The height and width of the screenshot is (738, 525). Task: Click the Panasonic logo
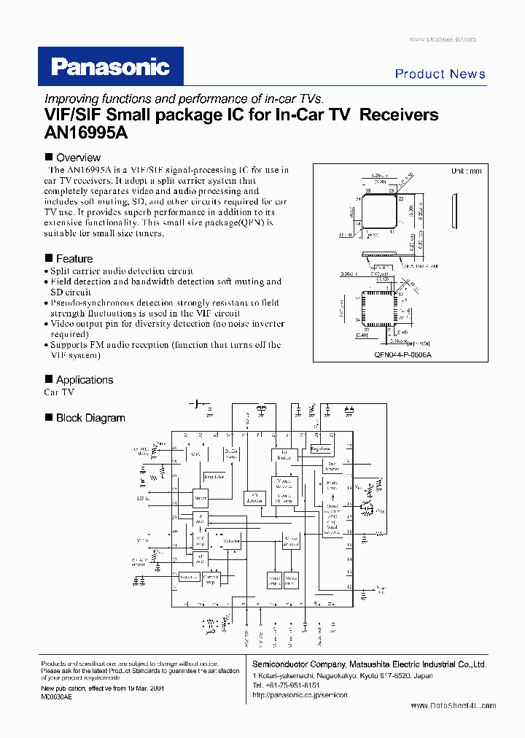click(x=110, y=67)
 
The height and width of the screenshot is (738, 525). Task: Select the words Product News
click(x=440, y=74)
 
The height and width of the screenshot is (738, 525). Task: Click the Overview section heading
click(x=78, y=158)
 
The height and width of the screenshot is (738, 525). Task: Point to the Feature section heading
click(x=74, y=259)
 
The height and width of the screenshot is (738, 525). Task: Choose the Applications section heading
click(x=85, y=380)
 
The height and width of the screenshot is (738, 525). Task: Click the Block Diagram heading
click(x=90, y=418)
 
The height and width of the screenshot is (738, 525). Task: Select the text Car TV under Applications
click(x=59, y=392)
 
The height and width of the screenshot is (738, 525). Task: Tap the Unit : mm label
click(x=466, y=171)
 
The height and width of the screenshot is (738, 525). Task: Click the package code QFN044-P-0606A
click(x=403, y=354)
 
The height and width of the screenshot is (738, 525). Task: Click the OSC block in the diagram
click(x=195, y=453)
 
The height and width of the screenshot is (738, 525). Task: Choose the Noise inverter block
click(x=289, y=542)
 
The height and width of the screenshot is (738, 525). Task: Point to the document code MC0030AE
click(x=57, y=697)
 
